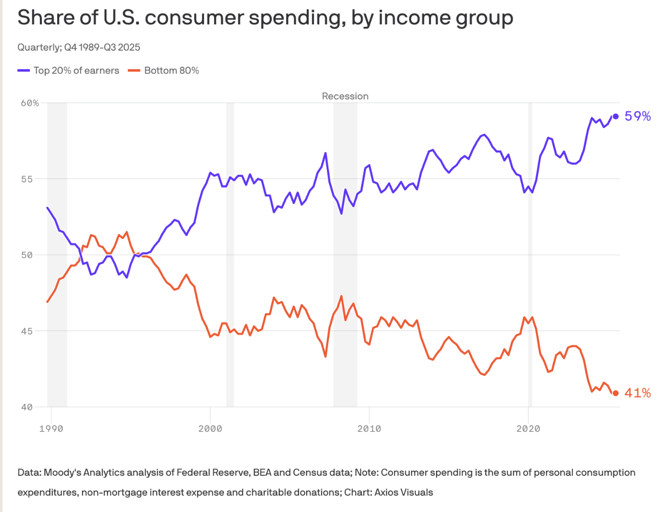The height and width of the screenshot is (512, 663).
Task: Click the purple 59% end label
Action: pyautogui.click(x=638, y=116)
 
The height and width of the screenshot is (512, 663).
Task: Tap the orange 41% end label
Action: pyautogui.click(x=638, y=393)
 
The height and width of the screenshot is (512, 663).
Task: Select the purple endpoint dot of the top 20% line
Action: pyautogui.click(x=616, y=116)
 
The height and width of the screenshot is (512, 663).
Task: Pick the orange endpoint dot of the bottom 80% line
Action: pyautogui.click(x=616, y=393)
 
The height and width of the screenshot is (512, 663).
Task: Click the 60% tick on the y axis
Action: pyautogui.click(x=30, y=103)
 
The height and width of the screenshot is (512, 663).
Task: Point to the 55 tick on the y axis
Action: pyautogui.click(x=27, y=179)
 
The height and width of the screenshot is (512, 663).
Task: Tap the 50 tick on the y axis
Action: pyautogui.click(x=27, y=255)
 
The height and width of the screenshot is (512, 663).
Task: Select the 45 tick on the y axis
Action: pyautogui.click(x=27, y=331)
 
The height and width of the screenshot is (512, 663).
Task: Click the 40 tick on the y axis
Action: pyautogui.click(x=27, y=407)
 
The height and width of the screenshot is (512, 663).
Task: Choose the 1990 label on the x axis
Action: pyautogui.click(x=51, y=428)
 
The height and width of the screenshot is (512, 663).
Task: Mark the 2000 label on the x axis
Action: pyautogui.click(x=210, y=428)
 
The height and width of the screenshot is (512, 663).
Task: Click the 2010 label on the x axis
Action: pyautogui.click(x=369, y=428)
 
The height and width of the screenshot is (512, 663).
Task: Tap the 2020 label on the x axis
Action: pyautogui.click(x=528, y=428)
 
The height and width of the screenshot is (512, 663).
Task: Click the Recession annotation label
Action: pyautogui.click(x=345, y=96)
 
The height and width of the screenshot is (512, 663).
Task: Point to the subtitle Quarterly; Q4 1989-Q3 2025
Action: pyautogui.click(x=79, y=47)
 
